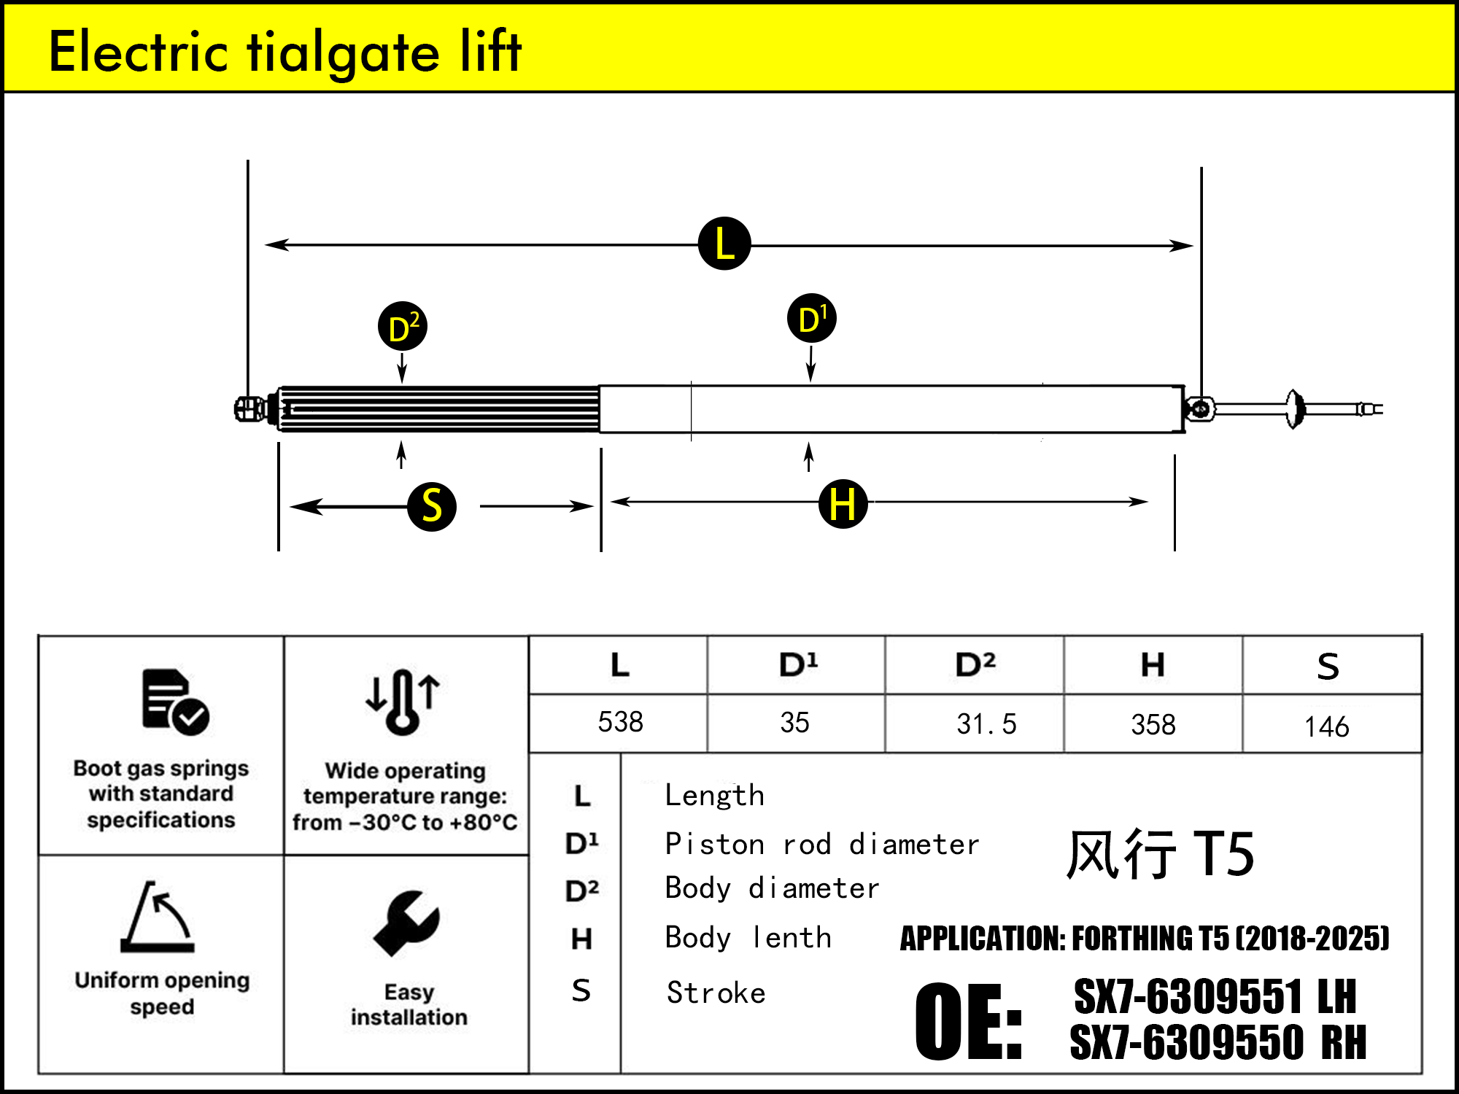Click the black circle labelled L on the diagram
click(x=724, y=244)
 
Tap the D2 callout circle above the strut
click(x=402, y=327)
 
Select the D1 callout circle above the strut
click(x=811, y=319)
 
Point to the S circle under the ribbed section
click(x=432, y=506)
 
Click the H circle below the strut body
click(x=843, y=503)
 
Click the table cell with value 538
click(x=620, y=722)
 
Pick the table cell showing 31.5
click(x=986, y=723)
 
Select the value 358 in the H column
click(x=1153, y=724)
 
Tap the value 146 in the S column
click(x=1326, y=726)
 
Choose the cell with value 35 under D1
click(x=794, y=723)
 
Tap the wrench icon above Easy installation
click(x=406, y=923)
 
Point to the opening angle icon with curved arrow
click(x=158, y=917)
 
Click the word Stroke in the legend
click(x=716, y=993)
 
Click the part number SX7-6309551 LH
click(x=1215, y=996)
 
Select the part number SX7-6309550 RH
click(x=1217, y=1041)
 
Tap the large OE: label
click(x=968, y=1020)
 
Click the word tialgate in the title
click(x=343, y=53)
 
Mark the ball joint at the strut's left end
click(x=248, y=408)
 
